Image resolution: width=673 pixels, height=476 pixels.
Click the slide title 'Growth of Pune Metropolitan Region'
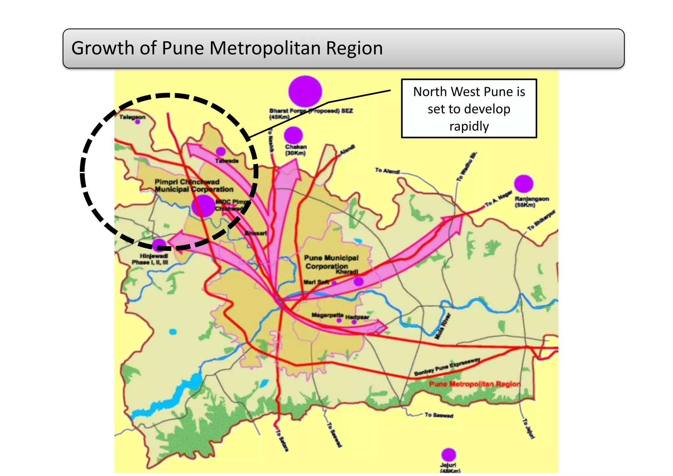pyautogui.click(x=227, y=48)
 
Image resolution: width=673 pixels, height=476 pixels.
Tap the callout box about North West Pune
pyautogui.click(x=469, y=108)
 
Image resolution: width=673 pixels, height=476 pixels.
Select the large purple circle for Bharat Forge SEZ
pyautogui.click(x=305, y=91)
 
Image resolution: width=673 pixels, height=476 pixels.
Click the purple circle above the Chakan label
pyautogui.click(x=293, y=135)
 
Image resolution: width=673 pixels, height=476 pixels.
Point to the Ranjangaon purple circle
pyautogui.click(x=523, y=184)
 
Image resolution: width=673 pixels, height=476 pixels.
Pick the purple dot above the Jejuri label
pyautogui.click(x=449, y=455)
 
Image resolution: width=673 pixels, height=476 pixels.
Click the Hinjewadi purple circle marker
pyautogui.click(x=159, y=245)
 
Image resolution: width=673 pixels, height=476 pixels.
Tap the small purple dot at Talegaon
pyautogui.click(x=138, y=122)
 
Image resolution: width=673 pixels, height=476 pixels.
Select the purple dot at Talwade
pyautogui.click(x=220, y=151)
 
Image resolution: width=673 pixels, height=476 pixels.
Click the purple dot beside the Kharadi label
pyautogui.click(x=359, y=281)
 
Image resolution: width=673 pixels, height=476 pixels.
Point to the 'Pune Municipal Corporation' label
pyautogui.click(x=331, y=262)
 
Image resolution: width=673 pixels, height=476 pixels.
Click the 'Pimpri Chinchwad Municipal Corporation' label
pyautogui.click(x=194, y=186)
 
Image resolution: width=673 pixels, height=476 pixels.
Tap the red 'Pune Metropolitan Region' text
pyautogui.click(x=475, y=384)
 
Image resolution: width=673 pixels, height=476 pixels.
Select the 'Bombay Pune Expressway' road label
pyautogui.click(x=447, y=367)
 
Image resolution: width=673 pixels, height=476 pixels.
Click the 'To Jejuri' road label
pyautogui.click(x=529, y=428)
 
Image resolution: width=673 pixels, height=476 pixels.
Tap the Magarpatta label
pyautogui.click(x=327, y=315)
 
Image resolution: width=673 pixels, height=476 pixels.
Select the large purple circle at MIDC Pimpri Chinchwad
pyautogui.click(x=203, y=206)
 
